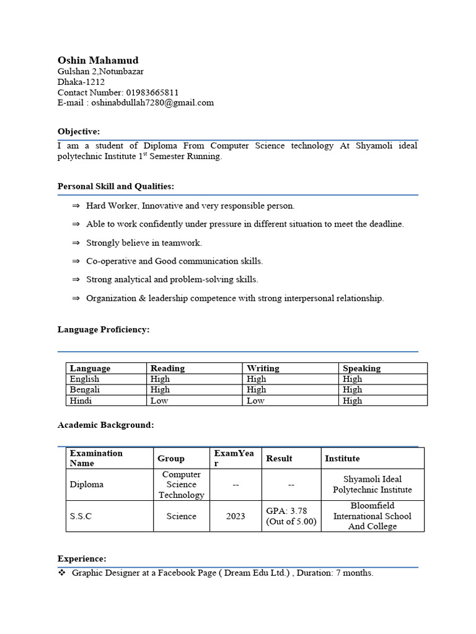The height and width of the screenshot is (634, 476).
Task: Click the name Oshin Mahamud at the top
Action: point(98,60)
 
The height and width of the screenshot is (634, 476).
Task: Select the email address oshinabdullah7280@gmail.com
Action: point(152,103)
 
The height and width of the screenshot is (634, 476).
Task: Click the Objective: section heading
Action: point(79,131)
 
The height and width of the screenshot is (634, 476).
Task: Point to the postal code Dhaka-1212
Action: point(81,82)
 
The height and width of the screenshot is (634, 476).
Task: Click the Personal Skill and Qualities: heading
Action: point(116,186)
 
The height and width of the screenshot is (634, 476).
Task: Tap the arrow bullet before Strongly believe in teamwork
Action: point(76,243)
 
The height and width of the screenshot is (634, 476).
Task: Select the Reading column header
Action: point(167,368)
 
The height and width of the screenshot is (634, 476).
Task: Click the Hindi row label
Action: point(81,401)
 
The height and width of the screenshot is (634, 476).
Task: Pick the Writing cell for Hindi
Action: point(255,401)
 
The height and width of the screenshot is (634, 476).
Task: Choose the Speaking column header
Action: point(361,368)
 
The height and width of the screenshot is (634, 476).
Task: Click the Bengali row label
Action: point(85,389)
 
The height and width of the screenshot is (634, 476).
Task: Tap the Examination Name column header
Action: point(96,458)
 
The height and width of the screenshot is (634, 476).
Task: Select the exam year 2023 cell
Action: point(236,516)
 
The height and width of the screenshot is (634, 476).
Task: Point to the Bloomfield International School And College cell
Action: point(372,516)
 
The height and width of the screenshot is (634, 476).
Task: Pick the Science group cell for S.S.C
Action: point(181,516)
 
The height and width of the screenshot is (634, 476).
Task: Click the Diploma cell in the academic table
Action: point(87,485)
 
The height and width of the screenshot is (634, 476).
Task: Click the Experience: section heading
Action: point(82,558)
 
